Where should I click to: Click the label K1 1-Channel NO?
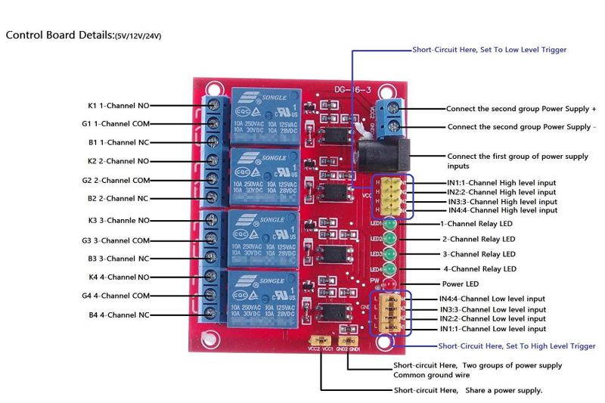[119, 105]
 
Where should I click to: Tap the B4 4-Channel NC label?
[119, 315]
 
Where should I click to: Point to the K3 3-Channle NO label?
[119, 222]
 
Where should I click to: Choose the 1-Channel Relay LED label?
[478, 225]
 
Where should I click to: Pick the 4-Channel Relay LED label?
[479, 269]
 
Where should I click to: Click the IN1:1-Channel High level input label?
[497, 183]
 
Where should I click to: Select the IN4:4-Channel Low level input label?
[492, 299]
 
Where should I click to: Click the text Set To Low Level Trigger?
[522, 50]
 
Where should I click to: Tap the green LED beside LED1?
[390, 224]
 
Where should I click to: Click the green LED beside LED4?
[390, 268]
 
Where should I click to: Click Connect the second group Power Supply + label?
[521, 109]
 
